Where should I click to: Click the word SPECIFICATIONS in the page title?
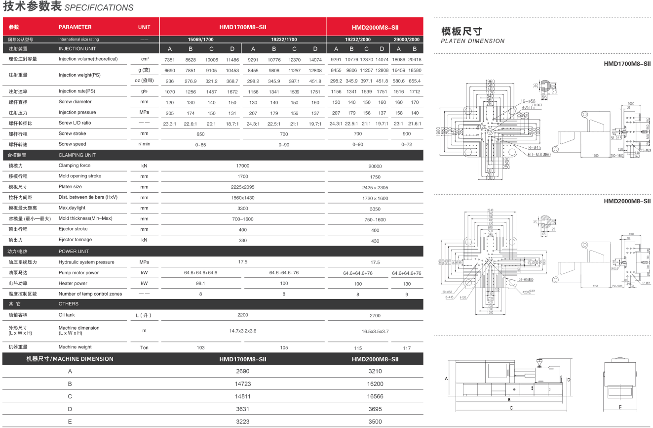tap(99, 8)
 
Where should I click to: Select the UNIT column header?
tap(144, 27)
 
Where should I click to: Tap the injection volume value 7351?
tap(170, 59)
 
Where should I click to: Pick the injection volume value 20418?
tap(415, 59)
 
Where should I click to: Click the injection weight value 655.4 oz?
tap(415, 81)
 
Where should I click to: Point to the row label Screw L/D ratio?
tap(75, 123)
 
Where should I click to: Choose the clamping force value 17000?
tap(243, 166)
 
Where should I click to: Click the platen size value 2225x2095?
tap(243, 187)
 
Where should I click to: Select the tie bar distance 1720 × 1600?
tap(375, 198)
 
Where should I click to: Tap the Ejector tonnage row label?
tap(75, 240)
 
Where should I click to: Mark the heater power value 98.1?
tap(200, 284)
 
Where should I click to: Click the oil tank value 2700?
tap(375, 315)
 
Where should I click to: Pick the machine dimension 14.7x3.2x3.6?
tap(243, 331)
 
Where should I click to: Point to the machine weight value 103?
tap(200, 348)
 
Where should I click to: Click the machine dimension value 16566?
tap(375, 396)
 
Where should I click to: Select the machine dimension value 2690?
tap(243, 371)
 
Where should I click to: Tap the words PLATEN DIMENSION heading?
tap(472, 41)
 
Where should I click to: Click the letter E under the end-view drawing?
tap(620, 408)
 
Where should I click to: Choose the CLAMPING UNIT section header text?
tap(77, 155)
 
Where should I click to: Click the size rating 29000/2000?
tap(407, 40)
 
